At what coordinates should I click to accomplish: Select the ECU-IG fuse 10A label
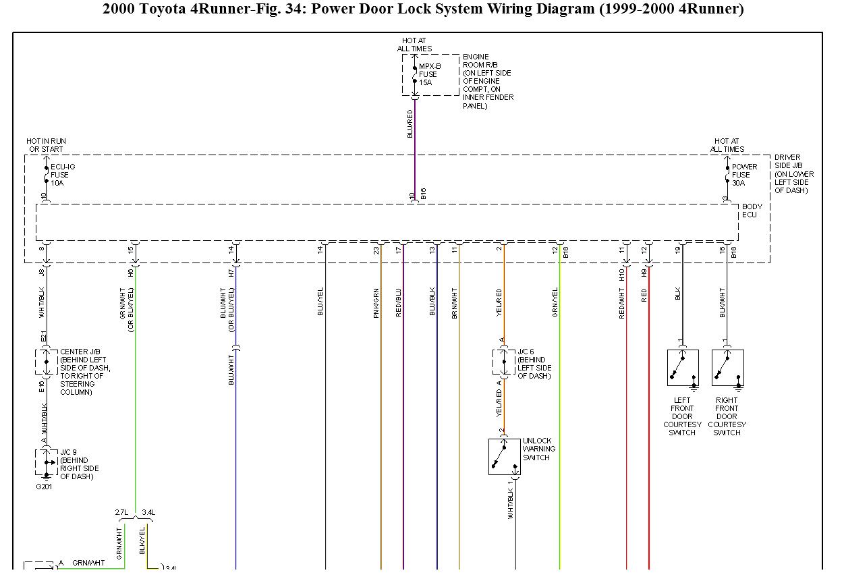click(59, 175)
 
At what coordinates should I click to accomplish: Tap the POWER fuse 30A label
click(744, 175)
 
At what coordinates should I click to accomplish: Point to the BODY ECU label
click(750, 211)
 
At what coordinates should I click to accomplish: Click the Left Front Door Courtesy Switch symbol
click(683, 368)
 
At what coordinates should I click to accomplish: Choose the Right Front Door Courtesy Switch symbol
click(727, 368)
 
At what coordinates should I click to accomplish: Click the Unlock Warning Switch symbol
click(505, 457)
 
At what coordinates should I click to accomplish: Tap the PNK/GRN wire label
click(376, 302)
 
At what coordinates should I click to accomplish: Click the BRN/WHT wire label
click(455, 302)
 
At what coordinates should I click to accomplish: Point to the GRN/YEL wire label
click(555, 302)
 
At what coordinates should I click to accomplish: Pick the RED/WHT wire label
click(622, 302)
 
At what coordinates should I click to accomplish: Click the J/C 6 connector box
click(503, 362)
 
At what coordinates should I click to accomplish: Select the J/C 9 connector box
click(46, 462)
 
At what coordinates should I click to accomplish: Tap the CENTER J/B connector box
click(46, 362)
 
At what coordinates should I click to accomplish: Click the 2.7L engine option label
click(121, 513)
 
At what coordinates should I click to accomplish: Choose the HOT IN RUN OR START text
click(46, 145)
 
